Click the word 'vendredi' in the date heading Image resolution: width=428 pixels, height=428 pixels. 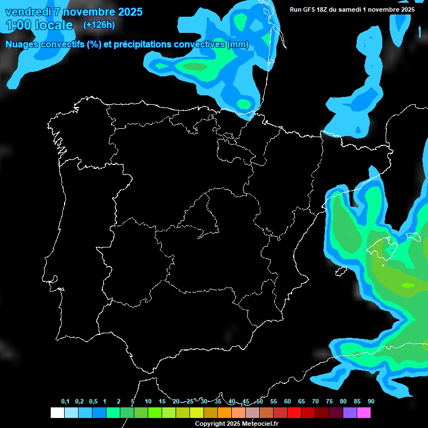pos(27,12)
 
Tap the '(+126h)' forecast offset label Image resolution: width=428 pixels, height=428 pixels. pos(99,25)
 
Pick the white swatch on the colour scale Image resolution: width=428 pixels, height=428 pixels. pos(57,413)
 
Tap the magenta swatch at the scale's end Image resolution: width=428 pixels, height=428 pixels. pos(364,413)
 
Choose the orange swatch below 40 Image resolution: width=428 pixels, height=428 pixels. pos(225,413)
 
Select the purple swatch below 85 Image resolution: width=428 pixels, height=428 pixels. pos(350,413)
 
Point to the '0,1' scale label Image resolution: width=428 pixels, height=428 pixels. pos(65,402)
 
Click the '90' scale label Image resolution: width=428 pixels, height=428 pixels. pos(371,402)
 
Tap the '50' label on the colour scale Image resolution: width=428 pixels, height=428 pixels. pos(260,402)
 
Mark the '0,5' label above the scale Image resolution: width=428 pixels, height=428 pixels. pos(93,402)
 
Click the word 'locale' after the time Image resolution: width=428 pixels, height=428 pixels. pos(53,25)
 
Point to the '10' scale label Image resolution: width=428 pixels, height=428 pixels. pos(148,402)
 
